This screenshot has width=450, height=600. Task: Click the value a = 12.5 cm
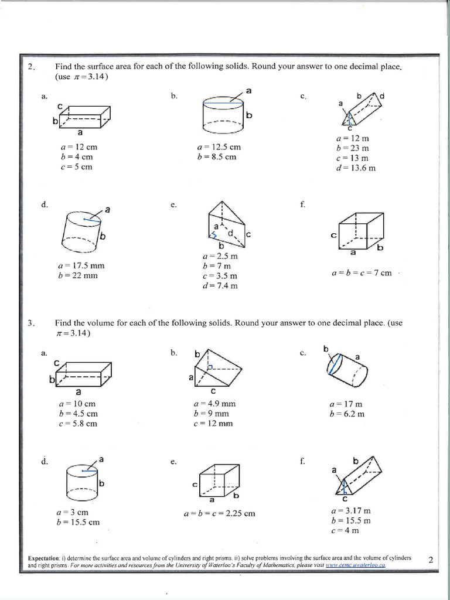point(219,148)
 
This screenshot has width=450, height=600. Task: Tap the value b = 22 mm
point(78,275)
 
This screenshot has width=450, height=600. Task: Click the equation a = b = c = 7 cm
point(361,273)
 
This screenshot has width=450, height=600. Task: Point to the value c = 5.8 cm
point(78,424)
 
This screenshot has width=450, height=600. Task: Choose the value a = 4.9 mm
point(214,404)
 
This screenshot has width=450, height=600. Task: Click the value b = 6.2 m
point(347,414)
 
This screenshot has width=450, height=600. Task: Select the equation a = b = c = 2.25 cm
point(219,513)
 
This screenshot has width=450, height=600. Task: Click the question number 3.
point(32,323)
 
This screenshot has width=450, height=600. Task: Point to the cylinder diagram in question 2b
point(223,115)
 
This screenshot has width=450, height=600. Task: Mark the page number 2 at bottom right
point(431,560)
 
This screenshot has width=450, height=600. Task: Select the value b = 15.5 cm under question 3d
point(79,522)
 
